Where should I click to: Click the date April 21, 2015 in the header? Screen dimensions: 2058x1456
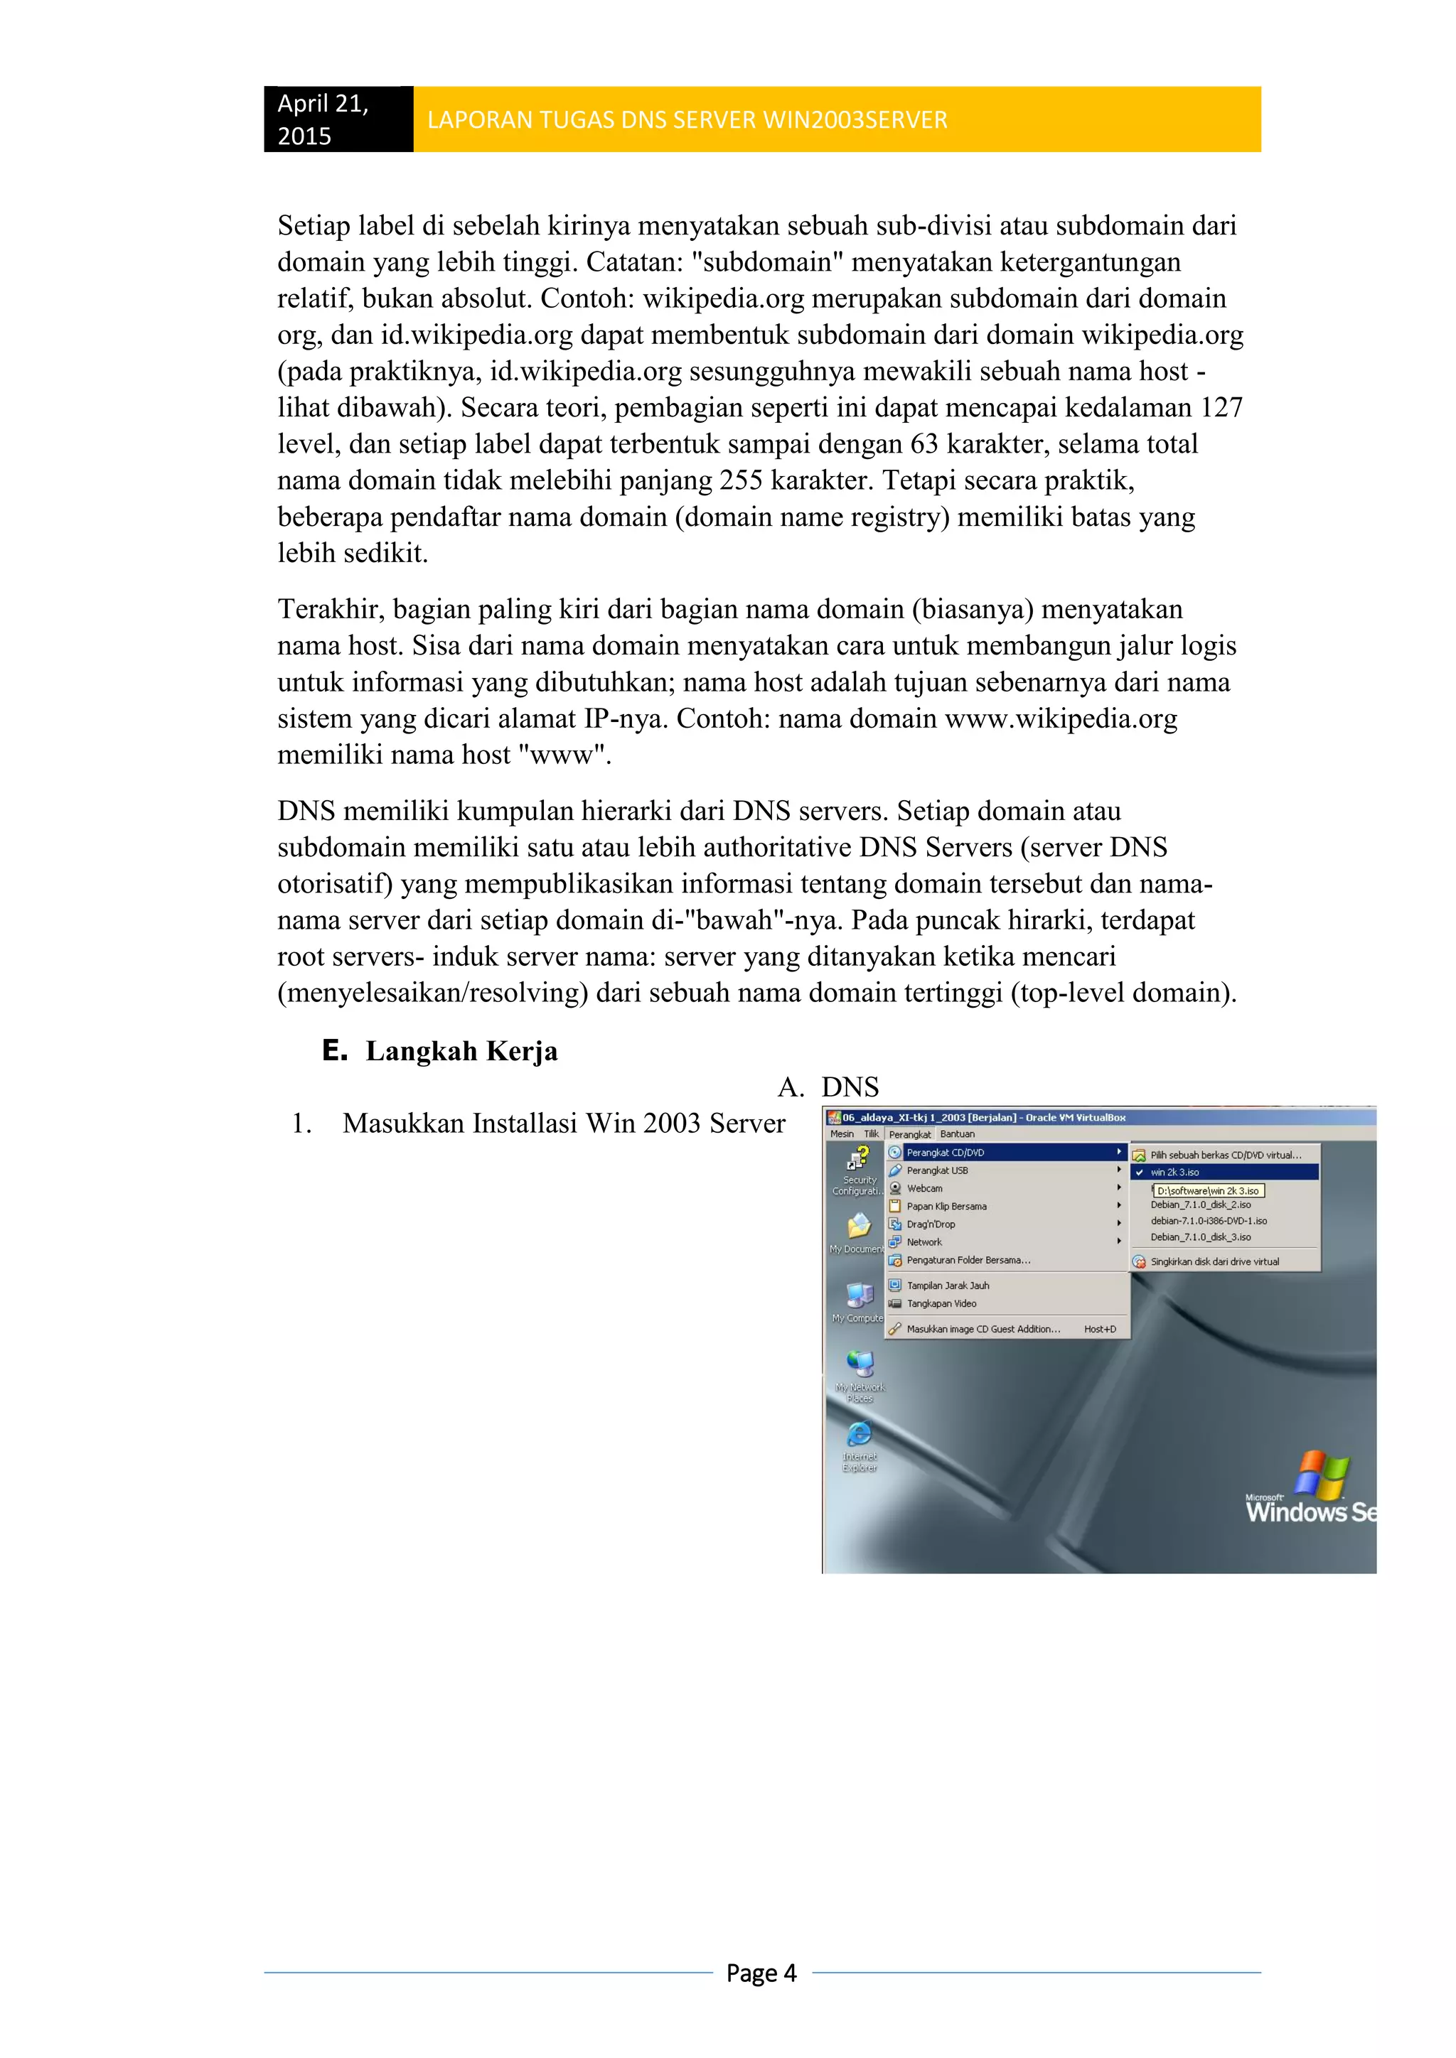323,119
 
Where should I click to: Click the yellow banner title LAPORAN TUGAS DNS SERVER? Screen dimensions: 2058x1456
687,120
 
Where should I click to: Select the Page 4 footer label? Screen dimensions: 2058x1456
761,1973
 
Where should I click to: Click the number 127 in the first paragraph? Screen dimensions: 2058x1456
1221,408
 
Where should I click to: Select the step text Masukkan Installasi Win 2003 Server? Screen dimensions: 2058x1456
563,1123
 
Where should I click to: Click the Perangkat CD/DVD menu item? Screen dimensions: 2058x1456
945,1153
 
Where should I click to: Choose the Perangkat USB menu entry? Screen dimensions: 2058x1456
937,1170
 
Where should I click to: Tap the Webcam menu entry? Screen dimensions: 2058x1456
924,1189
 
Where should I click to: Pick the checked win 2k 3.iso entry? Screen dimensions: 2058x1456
1174,1173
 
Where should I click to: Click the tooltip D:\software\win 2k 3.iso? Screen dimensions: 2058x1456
1208,1191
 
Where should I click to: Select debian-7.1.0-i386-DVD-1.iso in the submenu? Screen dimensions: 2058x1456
1209,1221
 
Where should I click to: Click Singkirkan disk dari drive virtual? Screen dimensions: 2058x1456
1214,1262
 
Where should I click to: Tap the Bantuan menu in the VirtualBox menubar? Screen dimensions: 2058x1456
957,1134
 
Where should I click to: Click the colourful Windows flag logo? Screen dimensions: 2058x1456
1322,1475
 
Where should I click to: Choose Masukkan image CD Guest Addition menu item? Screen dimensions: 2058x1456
983,1330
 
